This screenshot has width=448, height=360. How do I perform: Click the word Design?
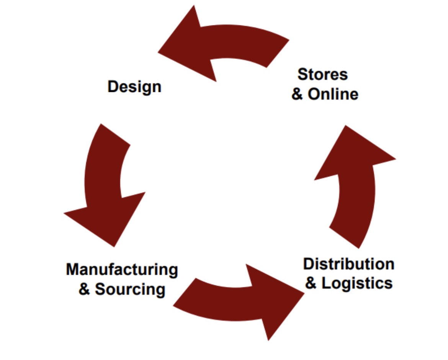pyautogui.click(x=134, y=87)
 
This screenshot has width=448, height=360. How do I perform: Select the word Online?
pyautogui.click(x=333, y=94)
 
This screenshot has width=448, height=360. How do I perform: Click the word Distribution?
pyautogui.click(x=348, y=264)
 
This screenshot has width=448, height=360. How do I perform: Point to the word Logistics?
pyautogui.click(x=357, y=283)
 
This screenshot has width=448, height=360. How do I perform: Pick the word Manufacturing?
pyautogui.click(x=122, y=270)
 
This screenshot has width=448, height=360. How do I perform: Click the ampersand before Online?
pyautogui.click(x=298, y=94)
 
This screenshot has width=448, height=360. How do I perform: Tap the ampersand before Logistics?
pyautogui.click(x=311, y=284)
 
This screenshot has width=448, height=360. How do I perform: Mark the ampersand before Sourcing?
pyautogui.click(x=84, y=289)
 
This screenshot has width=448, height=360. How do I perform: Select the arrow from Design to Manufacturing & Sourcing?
pyautogui.click(x=103, y=184)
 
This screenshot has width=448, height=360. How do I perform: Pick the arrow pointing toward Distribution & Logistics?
pyautogui.click(x=237, y=303)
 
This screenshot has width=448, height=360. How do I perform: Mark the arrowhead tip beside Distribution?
pyautogui.click(x=302, y=293)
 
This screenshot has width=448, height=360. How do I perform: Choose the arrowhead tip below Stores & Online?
pyautogui.click(x=347, y=128)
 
